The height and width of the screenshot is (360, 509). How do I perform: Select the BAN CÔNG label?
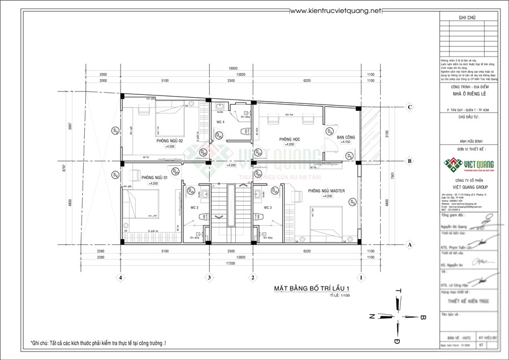click(x=345, y=137)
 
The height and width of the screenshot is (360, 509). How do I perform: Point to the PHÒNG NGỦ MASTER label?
click(x=326, y=191)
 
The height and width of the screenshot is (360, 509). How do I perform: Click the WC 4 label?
click(x=220, y=122)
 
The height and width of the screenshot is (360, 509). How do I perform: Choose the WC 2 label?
click(x=193, y=208)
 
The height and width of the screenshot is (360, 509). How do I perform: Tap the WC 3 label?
click(x=268, y=208)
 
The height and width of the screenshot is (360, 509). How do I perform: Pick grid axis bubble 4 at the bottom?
click(x=120, y=277)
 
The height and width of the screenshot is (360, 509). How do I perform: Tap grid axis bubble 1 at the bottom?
click(x=360, y=277)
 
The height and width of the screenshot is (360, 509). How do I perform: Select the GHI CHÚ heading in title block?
click(x=467, y=19)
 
